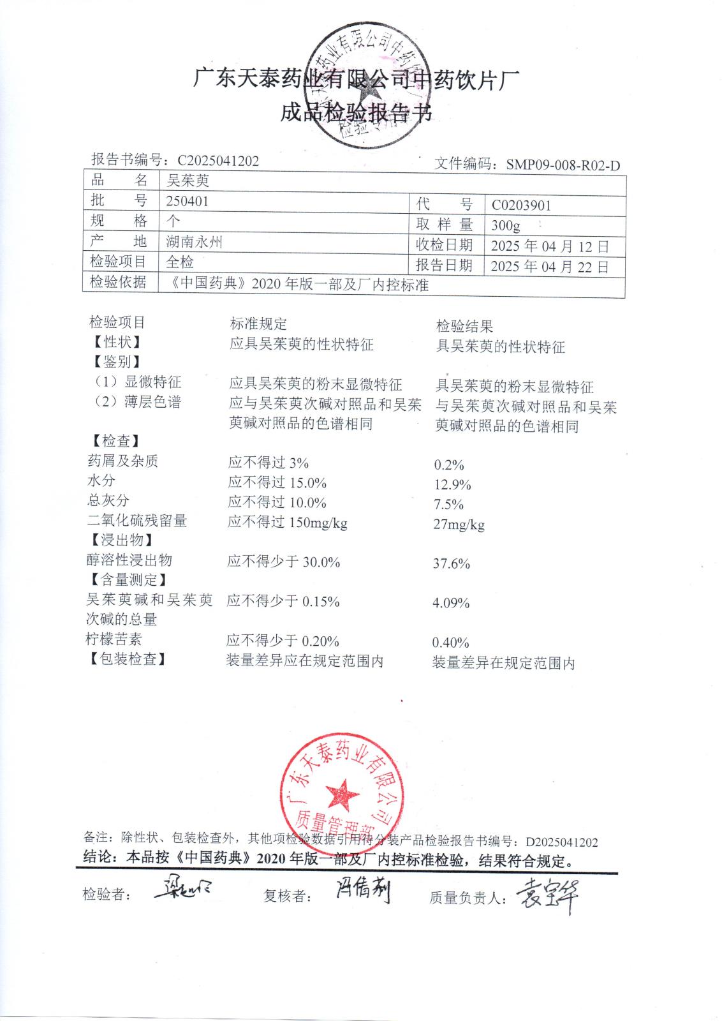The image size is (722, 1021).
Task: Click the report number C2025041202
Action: [x=218, y=161]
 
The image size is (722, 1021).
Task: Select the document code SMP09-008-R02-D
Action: [x=563, y=165]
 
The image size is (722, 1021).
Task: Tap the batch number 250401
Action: [x=188, y=201]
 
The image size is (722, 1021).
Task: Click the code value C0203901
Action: [x=521, y=205]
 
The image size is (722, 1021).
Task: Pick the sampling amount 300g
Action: [x=506, y=226]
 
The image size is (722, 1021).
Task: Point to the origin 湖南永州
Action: [x=194, y=242]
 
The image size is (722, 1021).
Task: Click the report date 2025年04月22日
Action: [x=550, y=266]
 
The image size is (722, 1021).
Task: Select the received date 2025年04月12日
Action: [x=550, y=246]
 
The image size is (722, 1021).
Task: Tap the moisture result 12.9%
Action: [x=452, y=485]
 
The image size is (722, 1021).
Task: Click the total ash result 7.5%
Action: [x=448, y=505]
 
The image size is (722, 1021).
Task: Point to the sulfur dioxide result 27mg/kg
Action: [x=459, y=525]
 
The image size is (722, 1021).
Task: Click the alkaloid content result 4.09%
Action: [x=450, y=603]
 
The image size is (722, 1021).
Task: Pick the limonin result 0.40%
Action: [x=450, y=643]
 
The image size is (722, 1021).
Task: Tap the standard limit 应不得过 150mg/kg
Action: [x=287, y=523]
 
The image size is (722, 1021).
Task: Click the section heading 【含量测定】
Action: [x=127, y=580]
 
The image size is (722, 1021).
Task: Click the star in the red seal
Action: [x=343, y=795]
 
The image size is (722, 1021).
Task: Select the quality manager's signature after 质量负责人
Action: [x=547, y=895]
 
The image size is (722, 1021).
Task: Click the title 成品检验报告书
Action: [x=357, y=113]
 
